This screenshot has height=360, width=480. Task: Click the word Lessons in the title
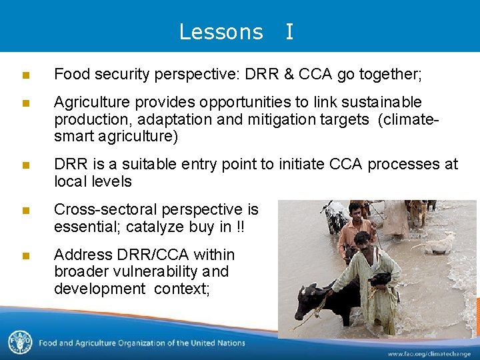tap(221, 32)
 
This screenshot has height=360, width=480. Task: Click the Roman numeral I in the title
tap(289, 32)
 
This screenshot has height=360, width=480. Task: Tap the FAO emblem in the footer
tap(19, 343)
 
